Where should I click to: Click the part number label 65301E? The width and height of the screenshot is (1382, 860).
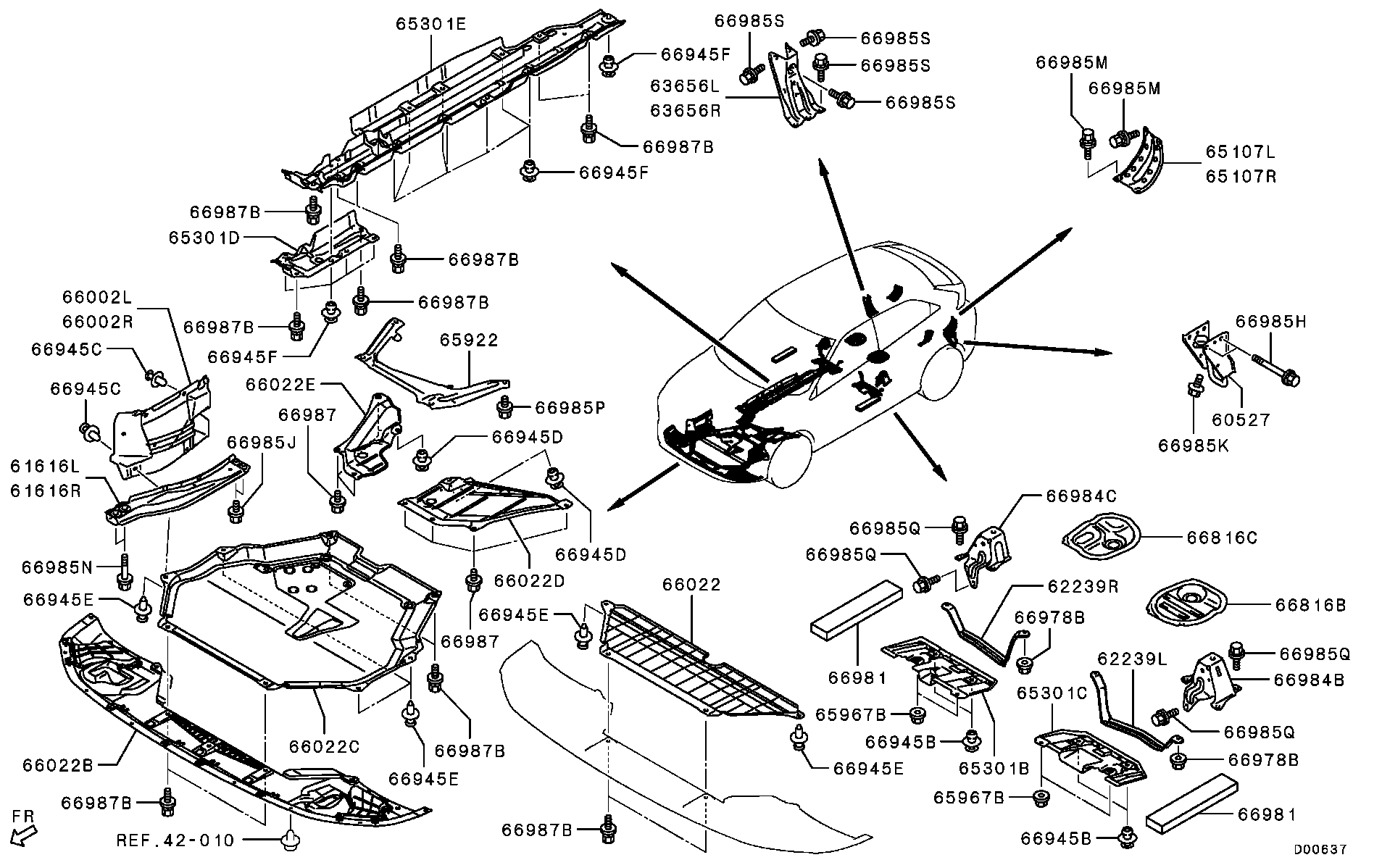430,24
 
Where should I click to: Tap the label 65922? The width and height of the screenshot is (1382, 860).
470,340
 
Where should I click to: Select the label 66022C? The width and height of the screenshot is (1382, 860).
324,746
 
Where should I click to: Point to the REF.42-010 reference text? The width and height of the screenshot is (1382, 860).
175,840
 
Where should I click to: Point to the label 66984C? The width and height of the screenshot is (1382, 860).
1081,496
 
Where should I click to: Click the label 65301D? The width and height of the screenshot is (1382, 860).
204,238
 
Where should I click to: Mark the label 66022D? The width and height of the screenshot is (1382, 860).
529,580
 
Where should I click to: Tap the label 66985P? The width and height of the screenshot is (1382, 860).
570,409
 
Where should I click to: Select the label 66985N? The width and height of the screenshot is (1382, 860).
57,567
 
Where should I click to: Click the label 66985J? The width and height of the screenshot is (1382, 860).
262,442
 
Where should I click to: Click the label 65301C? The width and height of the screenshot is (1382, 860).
1052,693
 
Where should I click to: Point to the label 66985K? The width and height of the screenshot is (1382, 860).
1194,446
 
